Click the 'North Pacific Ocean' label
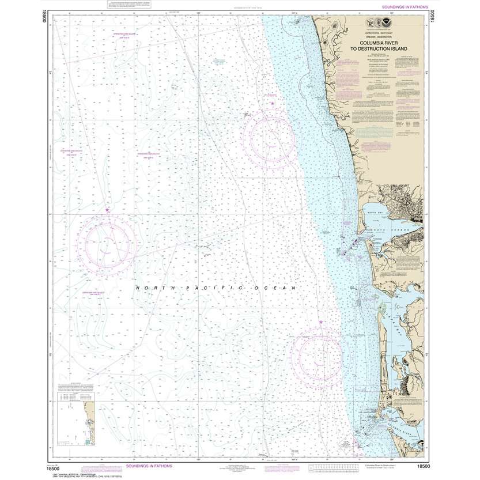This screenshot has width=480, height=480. pyautogui.click(x=215, y=288)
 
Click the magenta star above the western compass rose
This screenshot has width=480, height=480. pyautogui.click(x=107, y=210)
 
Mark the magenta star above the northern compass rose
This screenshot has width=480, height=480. pyautogui.click(x=272, y=104)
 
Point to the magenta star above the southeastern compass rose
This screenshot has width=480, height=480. pyautogui.click(x=320, y=322)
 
